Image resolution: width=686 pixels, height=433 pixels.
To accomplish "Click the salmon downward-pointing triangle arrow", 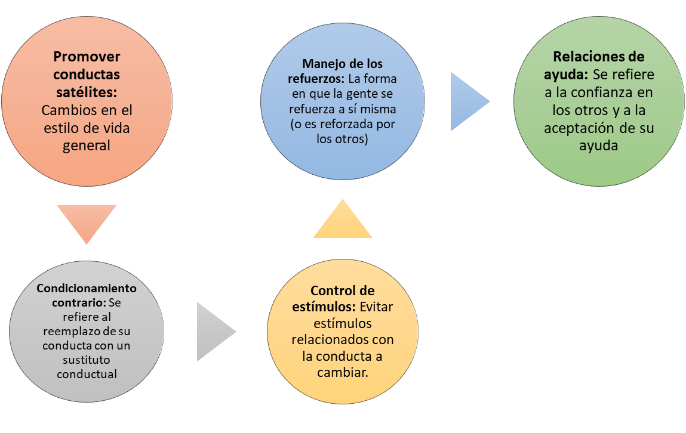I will (x=87, y=221).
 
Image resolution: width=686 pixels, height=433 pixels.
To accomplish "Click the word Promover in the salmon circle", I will (x=87, y=57).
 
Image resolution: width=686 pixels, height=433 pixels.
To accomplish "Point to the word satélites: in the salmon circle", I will (x=87, y=92).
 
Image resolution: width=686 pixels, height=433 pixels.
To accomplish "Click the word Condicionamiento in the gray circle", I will (x=87, y=288).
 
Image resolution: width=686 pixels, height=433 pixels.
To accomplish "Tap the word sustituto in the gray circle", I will (x=87, y=360).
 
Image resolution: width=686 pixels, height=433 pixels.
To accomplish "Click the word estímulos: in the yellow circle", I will (x=323, y=307).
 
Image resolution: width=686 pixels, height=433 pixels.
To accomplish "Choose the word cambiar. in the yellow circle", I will (x=343, y=372).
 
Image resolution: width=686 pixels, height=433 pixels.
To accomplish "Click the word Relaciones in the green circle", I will (x=583, y=57).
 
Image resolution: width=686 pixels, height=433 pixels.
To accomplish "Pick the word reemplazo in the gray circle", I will (x=70, y=331).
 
